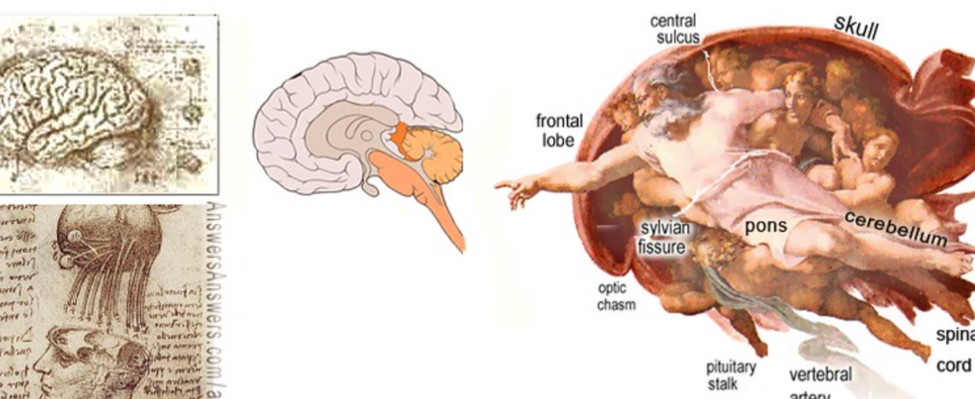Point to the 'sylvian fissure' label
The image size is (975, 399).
tap(665, 236)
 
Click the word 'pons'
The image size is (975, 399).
tap(766, 226)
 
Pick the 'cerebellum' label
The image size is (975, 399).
tap(895, 228)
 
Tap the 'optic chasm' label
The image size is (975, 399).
tap(615, 297)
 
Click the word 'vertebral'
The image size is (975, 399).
tap(821, 374)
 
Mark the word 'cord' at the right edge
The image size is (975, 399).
tap(953, 366)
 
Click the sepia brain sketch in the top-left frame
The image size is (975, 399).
tap(79, 111)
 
